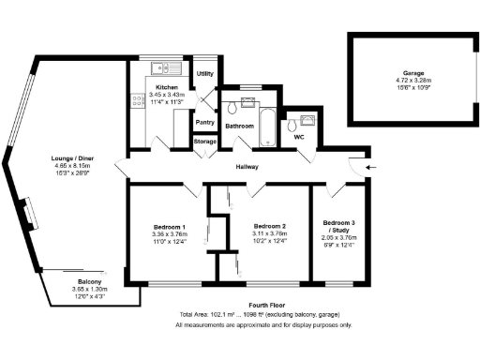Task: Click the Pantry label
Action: coord(204,122)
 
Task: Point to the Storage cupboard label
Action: coord(204,142)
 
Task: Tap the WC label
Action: coord(299,138)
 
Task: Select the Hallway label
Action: coord(247,167)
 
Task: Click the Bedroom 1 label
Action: coord(170,227)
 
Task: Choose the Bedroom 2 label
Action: coord(269,227)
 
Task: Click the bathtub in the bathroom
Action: coord(264,127)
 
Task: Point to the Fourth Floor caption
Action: coord(262,304)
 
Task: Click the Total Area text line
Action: coord(262,314)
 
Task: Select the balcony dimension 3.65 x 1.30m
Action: coord(91,290)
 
